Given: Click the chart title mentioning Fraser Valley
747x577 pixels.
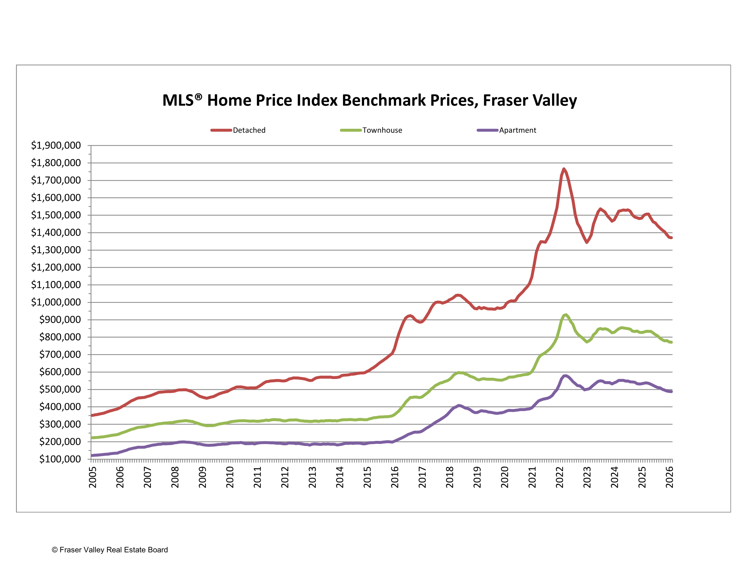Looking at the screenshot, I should point(369,101).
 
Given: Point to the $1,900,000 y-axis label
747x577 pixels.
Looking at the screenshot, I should point(56,145).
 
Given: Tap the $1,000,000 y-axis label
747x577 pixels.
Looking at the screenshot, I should point(56,302).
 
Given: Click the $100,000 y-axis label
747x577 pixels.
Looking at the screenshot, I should point(60,459).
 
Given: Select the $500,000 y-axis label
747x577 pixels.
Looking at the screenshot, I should point(60,389).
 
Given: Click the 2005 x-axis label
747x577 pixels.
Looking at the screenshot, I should point(93,477).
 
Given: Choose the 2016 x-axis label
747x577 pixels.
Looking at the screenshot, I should point(395,477).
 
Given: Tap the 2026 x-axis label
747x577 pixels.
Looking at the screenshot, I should point(669,477).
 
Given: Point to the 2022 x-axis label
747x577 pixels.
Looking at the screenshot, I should point(560,477).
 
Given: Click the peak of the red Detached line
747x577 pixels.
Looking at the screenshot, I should point(564,169).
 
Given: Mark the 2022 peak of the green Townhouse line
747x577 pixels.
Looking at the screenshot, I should point(566,315).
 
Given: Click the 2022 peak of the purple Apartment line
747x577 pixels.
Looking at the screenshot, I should point(565,376).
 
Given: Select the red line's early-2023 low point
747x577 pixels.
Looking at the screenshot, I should point(587,242).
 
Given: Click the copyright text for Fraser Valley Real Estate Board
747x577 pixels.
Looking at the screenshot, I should point(110,550).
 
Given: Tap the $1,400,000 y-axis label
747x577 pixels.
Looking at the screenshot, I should point(56,233).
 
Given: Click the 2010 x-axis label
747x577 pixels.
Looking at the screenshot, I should point(230,477).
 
